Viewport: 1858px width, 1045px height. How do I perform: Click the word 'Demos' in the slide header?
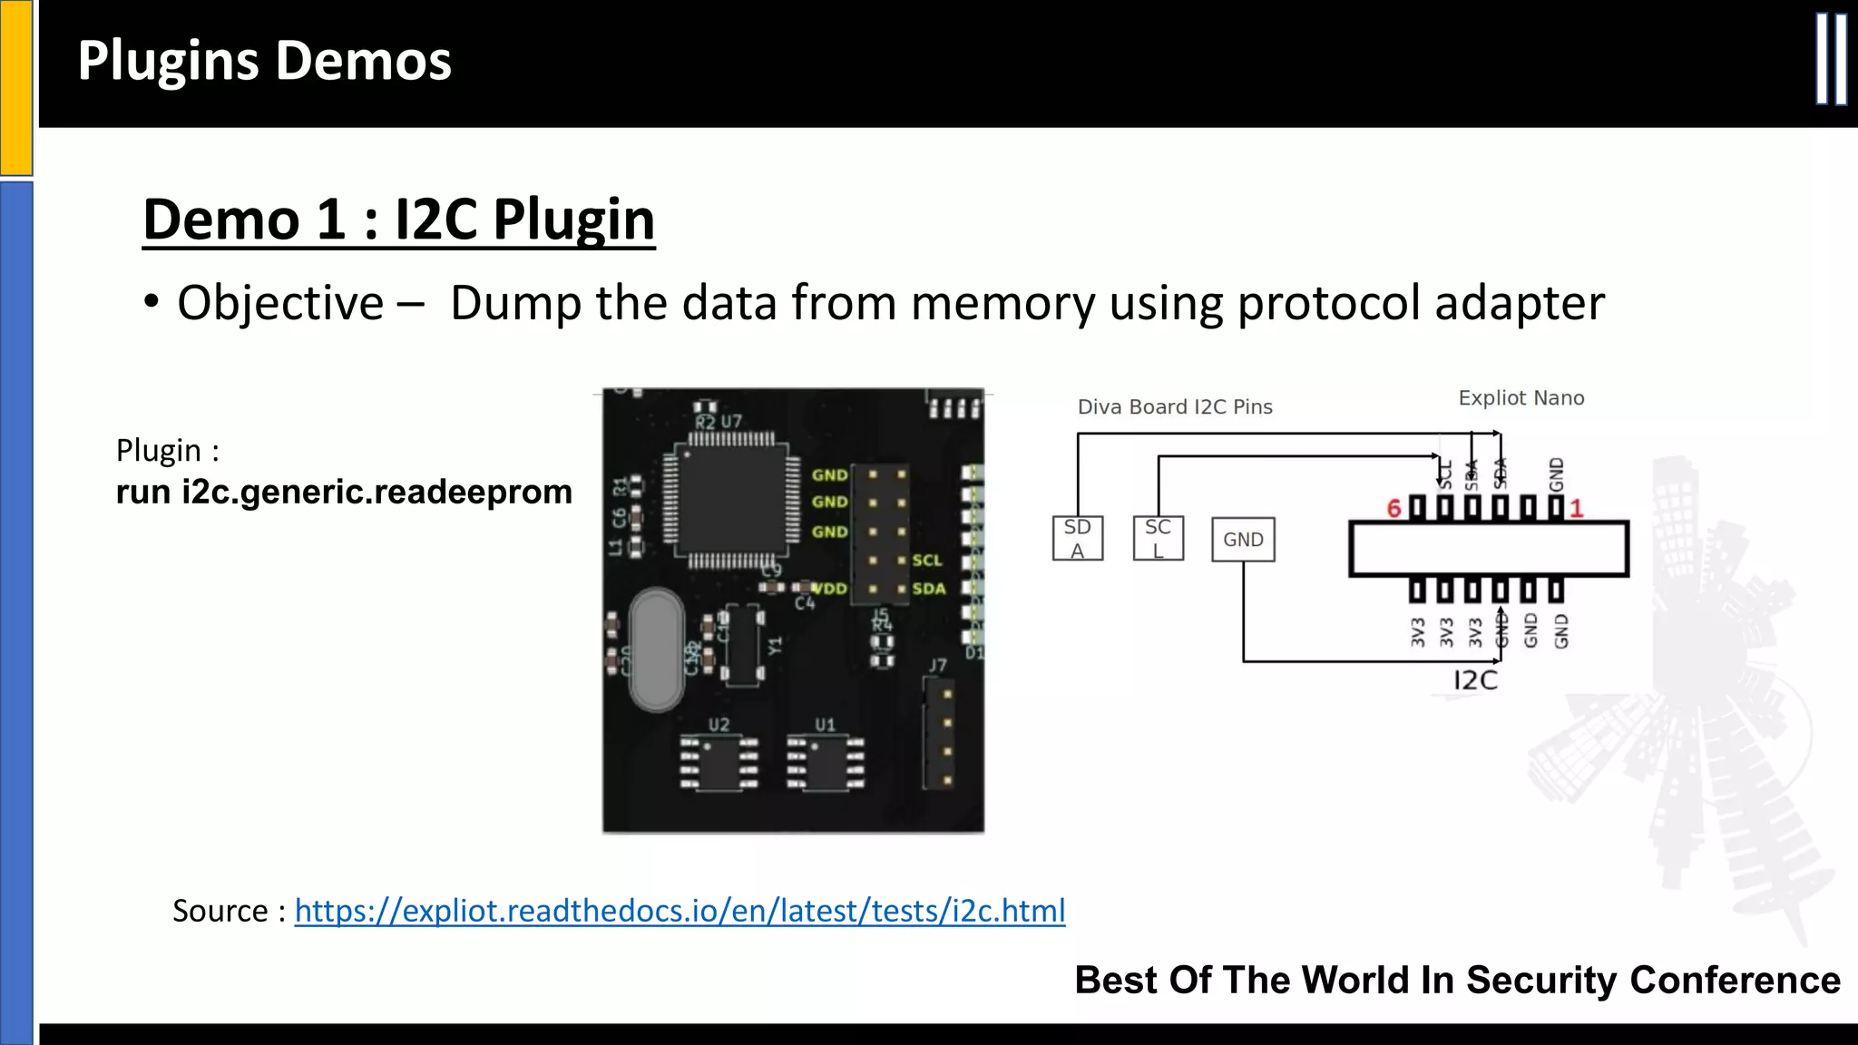pos(363,62)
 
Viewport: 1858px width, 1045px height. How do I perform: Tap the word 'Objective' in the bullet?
pos(280,303)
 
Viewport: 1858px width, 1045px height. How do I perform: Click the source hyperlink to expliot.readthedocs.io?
pos(680,910)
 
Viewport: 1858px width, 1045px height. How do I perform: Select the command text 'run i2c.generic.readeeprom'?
pos(344,492)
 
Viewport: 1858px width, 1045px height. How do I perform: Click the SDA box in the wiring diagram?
pos(1078,539)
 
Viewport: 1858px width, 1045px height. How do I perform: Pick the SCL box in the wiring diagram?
pos(1158,539)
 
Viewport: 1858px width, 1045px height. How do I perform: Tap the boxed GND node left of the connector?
pos(1243,540)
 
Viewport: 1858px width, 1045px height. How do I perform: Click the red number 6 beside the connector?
pos(1394,509)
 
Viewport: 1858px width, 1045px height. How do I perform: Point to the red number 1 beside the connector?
pos(1577,509)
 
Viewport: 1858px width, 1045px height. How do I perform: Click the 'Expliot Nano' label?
pos(1521,398)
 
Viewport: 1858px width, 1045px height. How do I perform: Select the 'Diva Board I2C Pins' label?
pos(1175,407)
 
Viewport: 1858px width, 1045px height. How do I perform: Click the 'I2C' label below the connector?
pos(1475,680)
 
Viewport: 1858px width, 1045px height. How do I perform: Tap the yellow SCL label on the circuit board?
pos(927,561)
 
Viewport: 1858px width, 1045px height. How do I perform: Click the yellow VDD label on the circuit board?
pos(830,589)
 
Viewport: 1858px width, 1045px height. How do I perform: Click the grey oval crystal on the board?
pos(656,649)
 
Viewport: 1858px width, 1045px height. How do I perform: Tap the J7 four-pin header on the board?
pos(940,737)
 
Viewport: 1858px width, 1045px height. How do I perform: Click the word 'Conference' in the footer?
pos(1735,981)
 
